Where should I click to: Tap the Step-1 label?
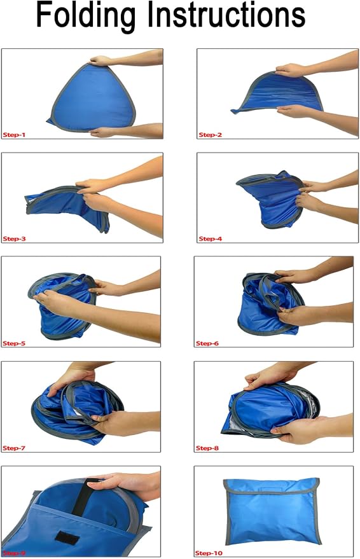point(14,135)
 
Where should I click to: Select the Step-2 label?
point(211,135)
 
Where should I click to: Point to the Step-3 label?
point(14,238)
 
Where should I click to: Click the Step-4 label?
point(211,238)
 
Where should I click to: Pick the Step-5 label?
point(14,343)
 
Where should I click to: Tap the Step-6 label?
point(207,343)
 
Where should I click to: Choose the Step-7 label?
point(14,448)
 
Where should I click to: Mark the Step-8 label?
point(207,448)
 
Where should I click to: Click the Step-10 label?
point(209,553)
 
